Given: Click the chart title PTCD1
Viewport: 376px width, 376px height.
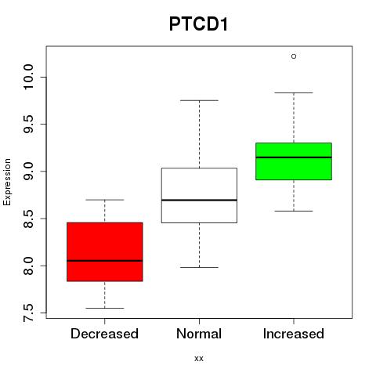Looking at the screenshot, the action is coord(198,24).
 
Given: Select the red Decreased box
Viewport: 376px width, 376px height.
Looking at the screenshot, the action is coord(105,251).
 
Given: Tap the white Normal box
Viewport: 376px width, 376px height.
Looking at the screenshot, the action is coord(199,195).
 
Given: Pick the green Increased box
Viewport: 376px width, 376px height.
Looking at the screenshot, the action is coord(294,161).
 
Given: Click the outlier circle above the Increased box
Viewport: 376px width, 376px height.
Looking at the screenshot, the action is coord(294,56).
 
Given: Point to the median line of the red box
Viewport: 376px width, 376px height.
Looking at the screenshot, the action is coord(105,261).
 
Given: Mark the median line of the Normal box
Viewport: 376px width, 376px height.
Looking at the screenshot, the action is coord(199,200).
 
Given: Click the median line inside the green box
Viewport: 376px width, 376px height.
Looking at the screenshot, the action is coord(294,157).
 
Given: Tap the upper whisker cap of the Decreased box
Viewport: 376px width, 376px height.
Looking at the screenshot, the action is coord(105,200).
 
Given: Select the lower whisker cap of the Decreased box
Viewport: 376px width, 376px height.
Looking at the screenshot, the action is coord(105,308).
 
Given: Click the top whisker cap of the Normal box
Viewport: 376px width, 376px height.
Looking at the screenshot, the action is coord(199,100).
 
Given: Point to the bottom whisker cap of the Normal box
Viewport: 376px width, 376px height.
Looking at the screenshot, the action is coord(199,267).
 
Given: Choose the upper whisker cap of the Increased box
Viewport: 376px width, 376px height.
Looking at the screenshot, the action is coord(294,92).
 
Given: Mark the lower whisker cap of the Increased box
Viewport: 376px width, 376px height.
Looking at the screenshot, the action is coord(294,211).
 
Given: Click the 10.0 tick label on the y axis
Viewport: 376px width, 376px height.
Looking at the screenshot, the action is coord(28,77).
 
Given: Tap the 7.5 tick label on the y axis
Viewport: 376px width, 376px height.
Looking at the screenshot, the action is coord(28,313).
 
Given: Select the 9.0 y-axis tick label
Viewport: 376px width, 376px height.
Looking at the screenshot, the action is coord(28,172).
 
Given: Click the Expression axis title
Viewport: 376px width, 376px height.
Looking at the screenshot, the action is coord(7,182).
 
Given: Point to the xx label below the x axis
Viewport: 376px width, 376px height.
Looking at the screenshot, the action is coord(199,359).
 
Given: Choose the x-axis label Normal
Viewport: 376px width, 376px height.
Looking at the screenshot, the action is coord(199,334).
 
